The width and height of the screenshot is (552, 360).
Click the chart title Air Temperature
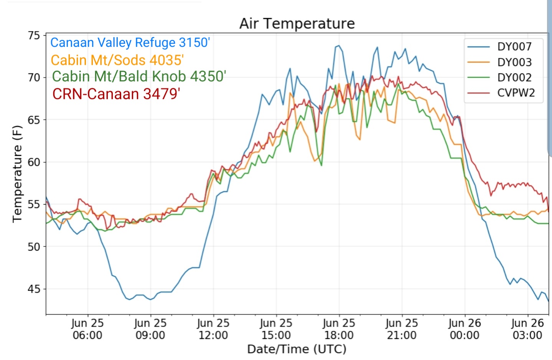tap(297, 24)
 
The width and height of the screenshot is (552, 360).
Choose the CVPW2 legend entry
tap(501, 93)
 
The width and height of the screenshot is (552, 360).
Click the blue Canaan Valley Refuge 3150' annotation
tap(130, 43)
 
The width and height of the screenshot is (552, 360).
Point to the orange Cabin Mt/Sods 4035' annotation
tap(117, 60)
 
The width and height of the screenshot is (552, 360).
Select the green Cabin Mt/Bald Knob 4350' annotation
tap(139, 76)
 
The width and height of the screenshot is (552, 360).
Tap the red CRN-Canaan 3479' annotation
tap(116, 94)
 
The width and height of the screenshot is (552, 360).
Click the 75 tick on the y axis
tap(34, 36)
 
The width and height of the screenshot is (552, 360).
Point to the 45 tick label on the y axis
tap(34, 289)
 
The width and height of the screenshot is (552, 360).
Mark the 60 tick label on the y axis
tap(34, 162)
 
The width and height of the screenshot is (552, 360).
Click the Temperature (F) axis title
tap(17, 174)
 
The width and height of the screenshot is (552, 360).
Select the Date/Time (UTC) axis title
tap(297, 349)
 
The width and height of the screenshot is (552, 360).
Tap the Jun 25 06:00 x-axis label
tap(87, 329)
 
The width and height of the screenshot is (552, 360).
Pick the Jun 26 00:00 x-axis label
tap(465, 329)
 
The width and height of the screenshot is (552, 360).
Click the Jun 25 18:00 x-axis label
tap(339, 329)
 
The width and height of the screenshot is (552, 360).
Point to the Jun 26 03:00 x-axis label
tap(527, 329)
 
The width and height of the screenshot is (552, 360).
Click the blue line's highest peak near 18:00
tap(339, 46)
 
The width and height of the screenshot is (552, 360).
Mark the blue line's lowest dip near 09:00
tap(150, 299)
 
